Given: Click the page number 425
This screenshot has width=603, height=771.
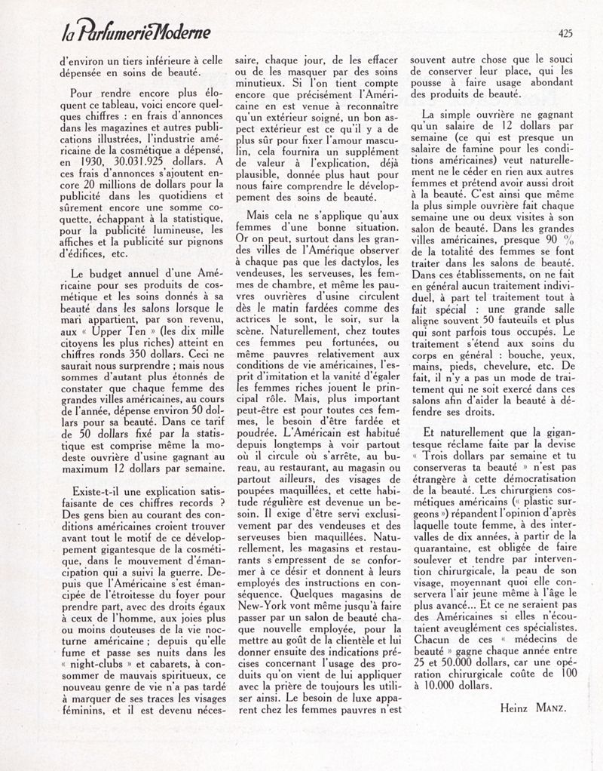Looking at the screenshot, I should [x=566, y=32].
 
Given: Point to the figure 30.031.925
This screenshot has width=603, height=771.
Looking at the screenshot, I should [x=131, y=161].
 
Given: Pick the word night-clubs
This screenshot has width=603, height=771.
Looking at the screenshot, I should [x=86, y=664].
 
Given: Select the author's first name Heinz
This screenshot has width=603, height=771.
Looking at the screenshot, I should [x=514, y=707].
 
